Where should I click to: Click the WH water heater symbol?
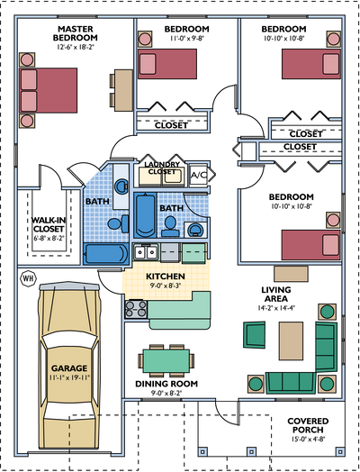pos(28,277)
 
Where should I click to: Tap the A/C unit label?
pos(199,175)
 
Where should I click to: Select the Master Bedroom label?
pos(76,33)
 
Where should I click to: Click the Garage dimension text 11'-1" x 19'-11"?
pos(69,377)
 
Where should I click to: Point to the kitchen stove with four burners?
pos(136,309)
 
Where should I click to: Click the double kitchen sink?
pos(146,252)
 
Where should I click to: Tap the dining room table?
pos(166,360)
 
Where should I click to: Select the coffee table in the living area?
pos(291,340)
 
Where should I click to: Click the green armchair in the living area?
pos(255,335)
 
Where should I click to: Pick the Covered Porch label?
pos(308,425)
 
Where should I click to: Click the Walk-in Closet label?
pos(49,224)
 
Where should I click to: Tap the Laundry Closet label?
pos(162,168)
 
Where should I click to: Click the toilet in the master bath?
pos(119,223)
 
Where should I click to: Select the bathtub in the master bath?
pos(106,254)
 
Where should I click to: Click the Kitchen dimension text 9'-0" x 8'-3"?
pos(166,286)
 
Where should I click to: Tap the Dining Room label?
pos(166,384)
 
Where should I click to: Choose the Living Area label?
pos(276,294)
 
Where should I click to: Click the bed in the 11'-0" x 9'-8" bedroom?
pos(167,64)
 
